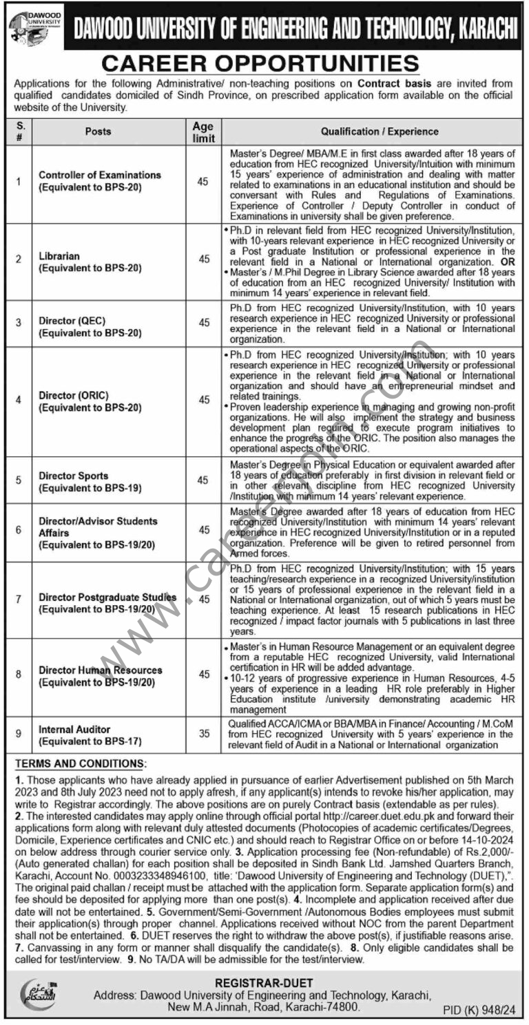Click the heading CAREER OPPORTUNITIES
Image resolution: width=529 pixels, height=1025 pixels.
260,64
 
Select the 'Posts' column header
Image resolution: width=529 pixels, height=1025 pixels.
98,131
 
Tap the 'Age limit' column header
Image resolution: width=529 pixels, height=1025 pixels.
204,131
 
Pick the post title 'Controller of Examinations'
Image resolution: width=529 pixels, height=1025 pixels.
100,175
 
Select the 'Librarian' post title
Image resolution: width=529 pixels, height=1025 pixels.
59,256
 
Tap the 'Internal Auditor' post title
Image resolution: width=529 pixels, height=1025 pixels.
74,729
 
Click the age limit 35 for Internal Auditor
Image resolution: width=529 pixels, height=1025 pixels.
204,735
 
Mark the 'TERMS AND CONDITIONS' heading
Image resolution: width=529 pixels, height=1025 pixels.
81,764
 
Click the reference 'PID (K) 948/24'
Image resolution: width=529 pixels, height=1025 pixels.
476,1008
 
